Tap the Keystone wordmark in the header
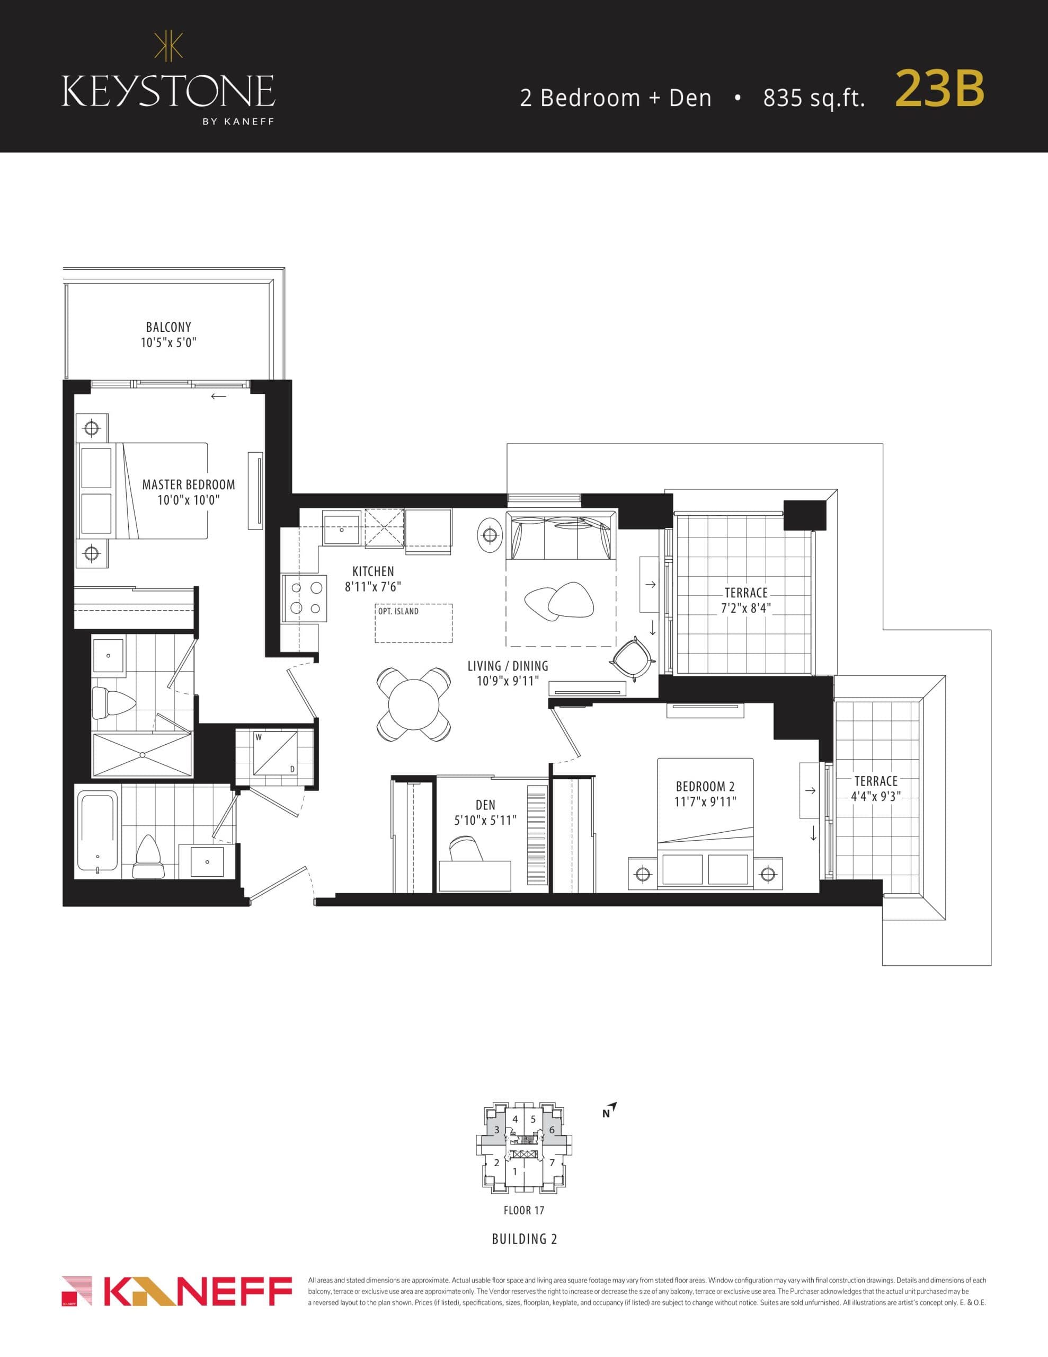click(168, 91)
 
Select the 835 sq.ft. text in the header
click(814, 98)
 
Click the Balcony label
click(168, 334)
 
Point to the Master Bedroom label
click(188, 492)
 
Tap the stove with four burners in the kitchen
click(305, 598)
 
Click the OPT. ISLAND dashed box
click(414, 624)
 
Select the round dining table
click(413, 704)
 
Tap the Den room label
click(485, 813)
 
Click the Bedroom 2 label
click(705, 794)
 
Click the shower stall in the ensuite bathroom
click(143, 754)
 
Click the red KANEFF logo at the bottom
click(177, 1292)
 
